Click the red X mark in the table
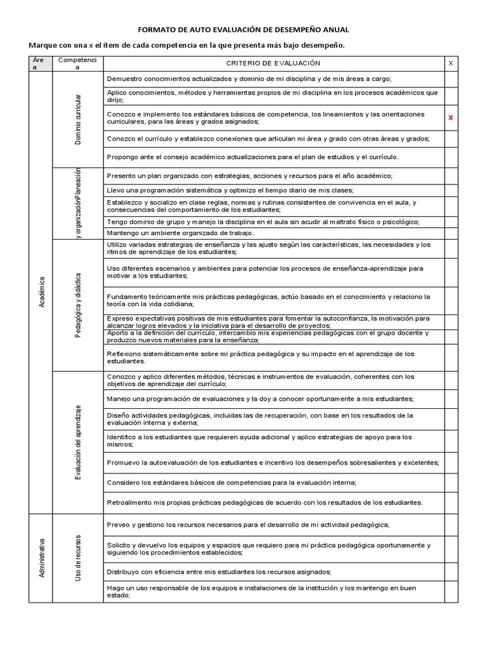[451, 118]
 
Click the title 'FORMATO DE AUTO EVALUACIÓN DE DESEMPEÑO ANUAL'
[243, 30]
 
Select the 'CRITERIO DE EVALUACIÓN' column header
[273, 63]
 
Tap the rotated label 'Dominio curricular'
[79, 119]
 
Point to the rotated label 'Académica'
[42, 292]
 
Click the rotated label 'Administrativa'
[42, 558]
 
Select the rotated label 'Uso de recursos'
[79, 558]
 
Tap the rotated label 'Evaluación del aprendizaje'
[79, 442]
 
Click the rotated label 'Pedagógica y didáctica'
[79, 305]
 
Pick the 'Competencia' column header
[78, 63]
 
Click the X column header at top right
[451, 63]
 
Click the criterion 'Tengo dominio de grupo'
[263, 222]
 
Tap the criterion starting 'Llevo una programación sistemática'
[230, 190]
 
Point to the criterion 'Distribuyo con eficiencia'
[219, 572]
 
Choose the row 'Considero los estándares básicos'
[231, 482]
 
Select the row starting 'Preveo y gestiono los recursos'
[248, 525]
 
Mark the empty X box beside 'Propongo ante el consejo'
[451, 157]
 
